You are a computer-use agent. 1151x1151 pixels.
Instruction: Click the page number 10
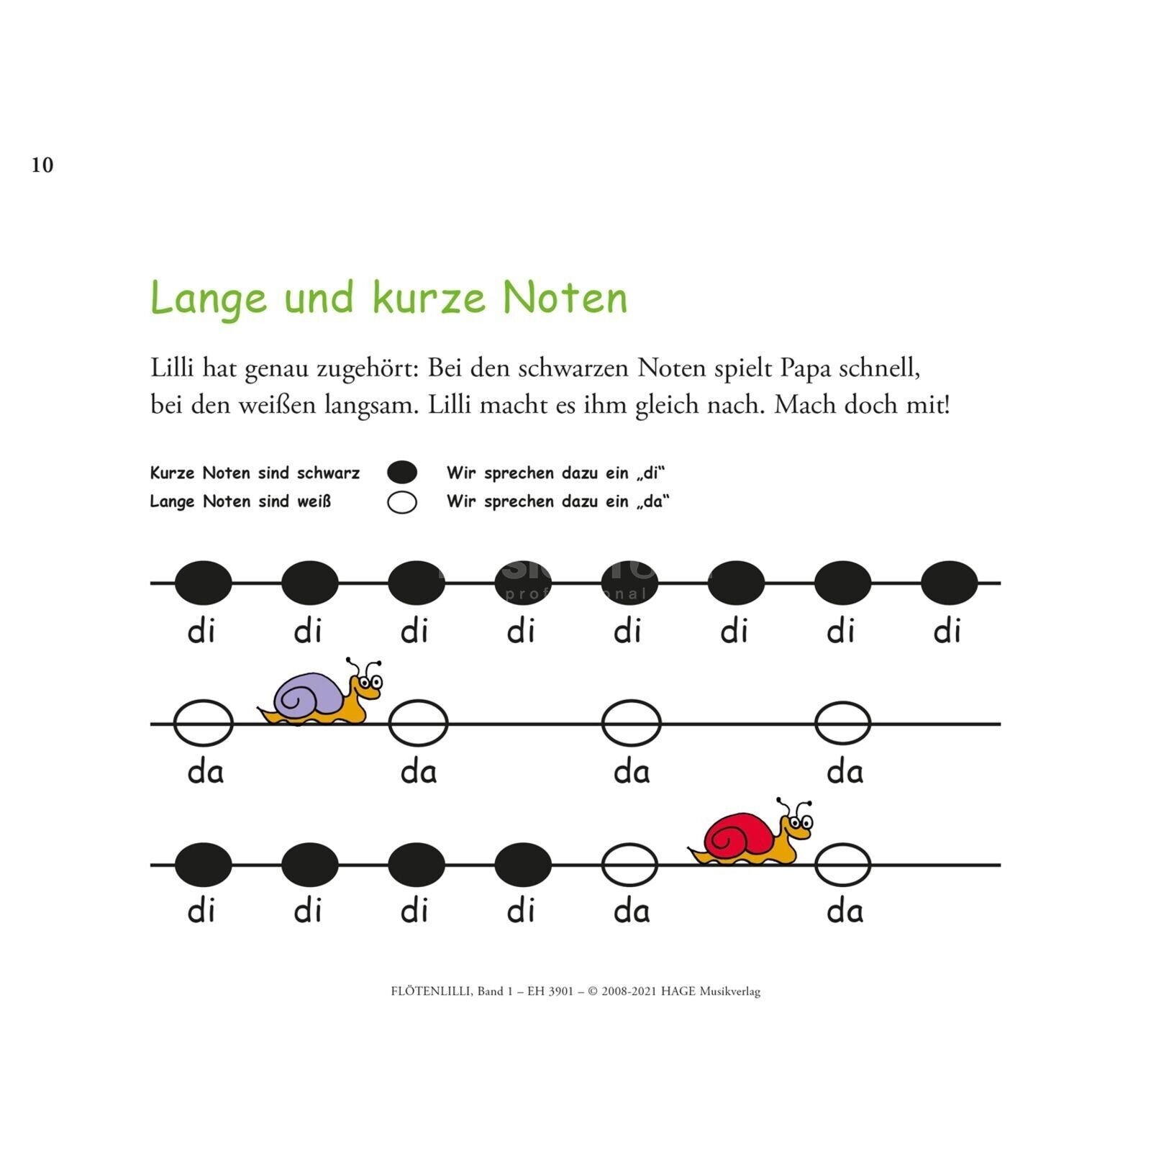42,165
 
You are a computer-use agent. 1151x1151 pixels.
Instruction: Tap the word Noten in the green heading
565,298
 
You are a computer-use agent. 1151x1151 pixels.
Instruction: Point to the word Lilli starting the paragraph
172,368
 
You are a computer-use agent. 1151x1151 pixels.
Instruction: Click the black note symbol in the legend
402,473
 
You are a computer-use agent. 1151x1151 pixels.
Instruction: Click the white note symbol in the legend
402,502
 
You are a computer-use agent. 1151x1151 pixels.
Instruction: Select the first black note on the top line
204,583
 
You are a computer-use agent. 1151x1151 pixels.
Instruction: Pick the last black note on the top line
949,583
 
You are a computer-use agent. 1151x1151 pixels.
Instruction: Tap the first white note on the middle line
204,723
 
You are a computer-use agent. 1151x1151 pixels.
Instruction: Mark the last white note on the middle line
842,723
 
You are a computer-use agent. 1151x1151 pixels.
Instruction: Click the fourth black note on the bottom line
523,864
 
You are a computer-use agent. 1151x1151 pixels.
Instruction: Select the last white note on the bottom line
842,864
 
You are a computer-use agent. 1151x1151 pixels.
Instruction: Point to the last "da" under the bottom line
845,911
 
